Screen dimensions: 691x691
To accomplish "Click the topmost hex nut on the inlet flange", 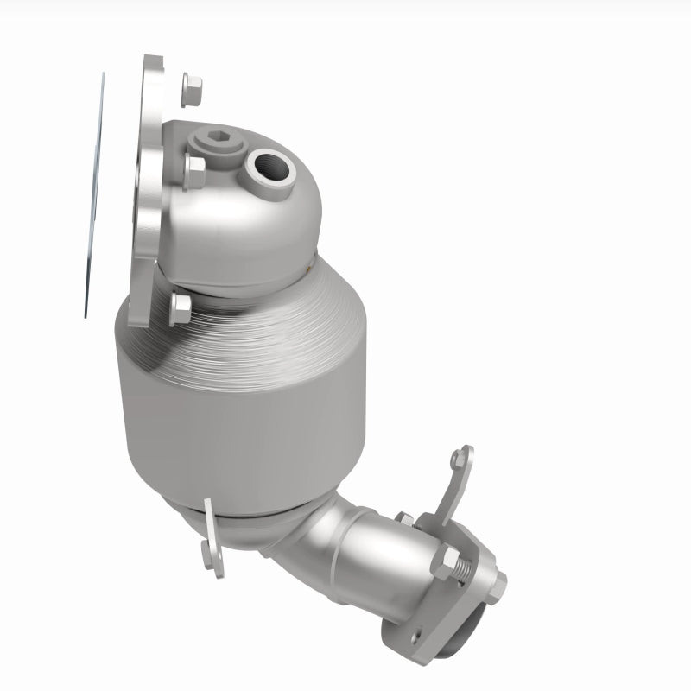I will coord(192,86).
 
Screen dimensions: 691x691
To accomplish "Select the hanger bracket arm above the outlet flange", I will coord(454,488).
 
